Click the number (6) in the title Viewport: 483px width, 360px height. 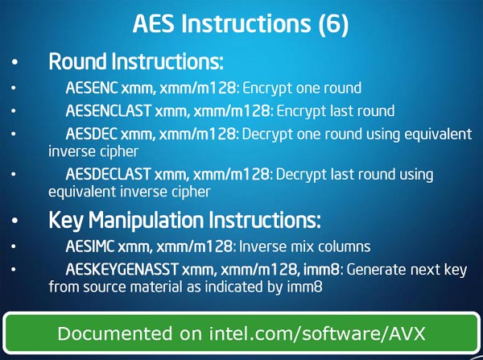tap(333, 23)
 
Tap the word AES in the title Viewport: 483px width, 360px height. tap(154, 23)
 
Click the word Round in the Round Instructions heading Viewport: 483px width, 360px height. tap(78, 61)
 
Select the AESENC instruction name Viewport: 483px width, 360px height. tap(92, 88)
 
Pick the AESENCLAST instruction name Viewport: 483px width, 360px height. tap(109, 111)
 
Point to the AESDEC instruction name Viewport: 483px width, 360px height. tap(91, 134)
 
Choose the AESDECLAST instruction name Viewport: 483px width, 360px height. tap(108, 174)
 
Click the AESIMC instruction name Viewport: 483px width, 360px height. tap(90, 246)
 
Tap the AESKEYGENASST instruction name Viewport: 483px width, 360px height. tap(122, 269)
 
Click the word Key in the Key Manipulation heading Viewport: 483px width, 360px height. tap(66, 221)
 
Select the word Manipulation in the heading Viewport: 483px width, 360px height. tap(146, 221)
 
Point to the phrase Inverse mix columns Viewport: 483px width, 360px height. tap(304, 246)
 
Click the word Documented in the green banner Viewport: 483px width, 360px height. tap(115, 333)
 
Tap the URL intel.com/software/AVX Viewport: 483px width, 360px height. tap(317, 333)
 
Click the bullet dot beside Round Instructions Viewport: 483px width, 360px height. tap(14, 62)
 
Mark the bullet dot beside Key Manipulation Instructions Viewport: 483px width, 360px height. tap(14, 221)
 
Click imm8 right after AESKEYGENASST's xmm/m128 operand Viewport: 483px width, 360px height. tap(321, 270)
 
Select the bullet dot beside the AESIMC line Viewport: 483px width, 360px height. tap(13, 246)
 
